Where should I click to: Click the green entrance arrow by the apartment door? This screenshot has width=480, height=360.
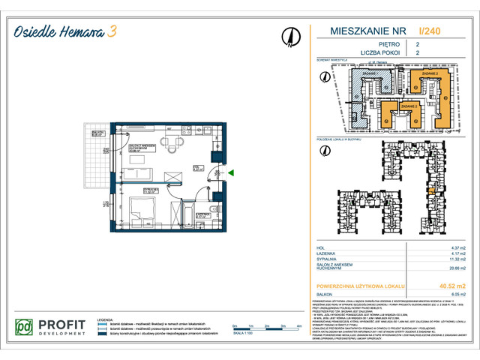[x=232, y=173]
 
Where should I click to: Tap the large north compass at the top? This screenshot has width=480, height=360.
[x=288, y=37]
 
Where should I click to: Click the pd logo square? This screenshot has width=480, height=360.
[x=26, y=328]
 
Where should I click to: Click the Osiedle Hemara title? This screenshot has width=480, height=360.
[x=59, y=31]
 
